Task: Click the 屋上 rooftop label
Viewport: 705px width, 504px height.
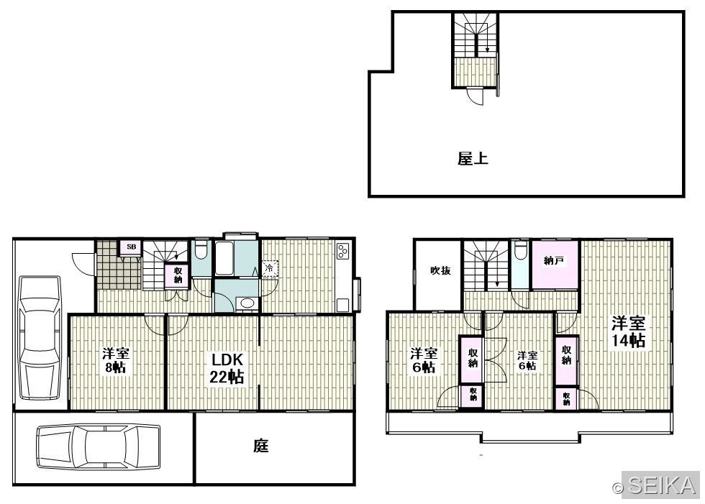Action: tap(473, 159)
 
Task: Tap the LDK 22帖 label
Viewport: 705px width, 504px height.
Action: tap(227, 368)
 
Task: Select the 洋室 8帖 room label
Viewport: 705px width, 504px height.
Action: tap(116, 360)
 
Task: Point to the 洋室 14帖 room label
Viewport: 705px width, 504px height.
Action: tap(628, 331)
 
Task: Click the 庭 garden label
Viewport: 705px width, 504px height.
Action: tap(260, 446)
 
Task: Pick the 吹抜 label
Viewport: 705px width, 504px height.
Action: tap(440, 270)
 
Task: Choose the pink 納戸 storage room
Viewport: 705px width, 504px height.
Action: tap(555, 265)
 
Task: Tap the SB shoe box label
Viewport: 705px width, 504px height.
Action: tap(131, 247)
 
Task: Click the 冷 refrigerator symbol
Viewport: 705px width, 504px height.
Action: tap(269, 269)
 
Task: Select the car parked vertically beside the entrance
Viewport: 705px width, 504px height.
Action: tap(40, 338)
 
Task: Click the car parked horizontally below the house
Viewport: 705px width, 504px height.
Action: tap(98, 447)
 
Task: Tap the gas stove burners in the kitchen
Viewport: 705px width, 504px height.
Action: tap(342, 251)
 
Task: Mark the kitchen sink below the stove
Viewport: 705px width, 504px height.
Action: tap(343, 304)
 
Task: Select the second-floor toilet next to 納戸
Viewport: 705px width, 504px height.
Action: tap(521, 251)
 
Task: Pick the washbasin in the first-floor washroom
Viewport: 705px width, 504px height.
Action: tap(246, 303)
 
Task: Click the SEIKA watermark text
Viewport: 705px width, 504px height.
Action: tap(661, 485)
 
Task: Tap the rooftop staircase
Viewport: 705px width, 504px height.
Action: tap(476, 35)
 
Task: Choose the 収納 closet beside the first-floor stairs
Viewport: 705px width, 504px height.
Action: tap(178, 275)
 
